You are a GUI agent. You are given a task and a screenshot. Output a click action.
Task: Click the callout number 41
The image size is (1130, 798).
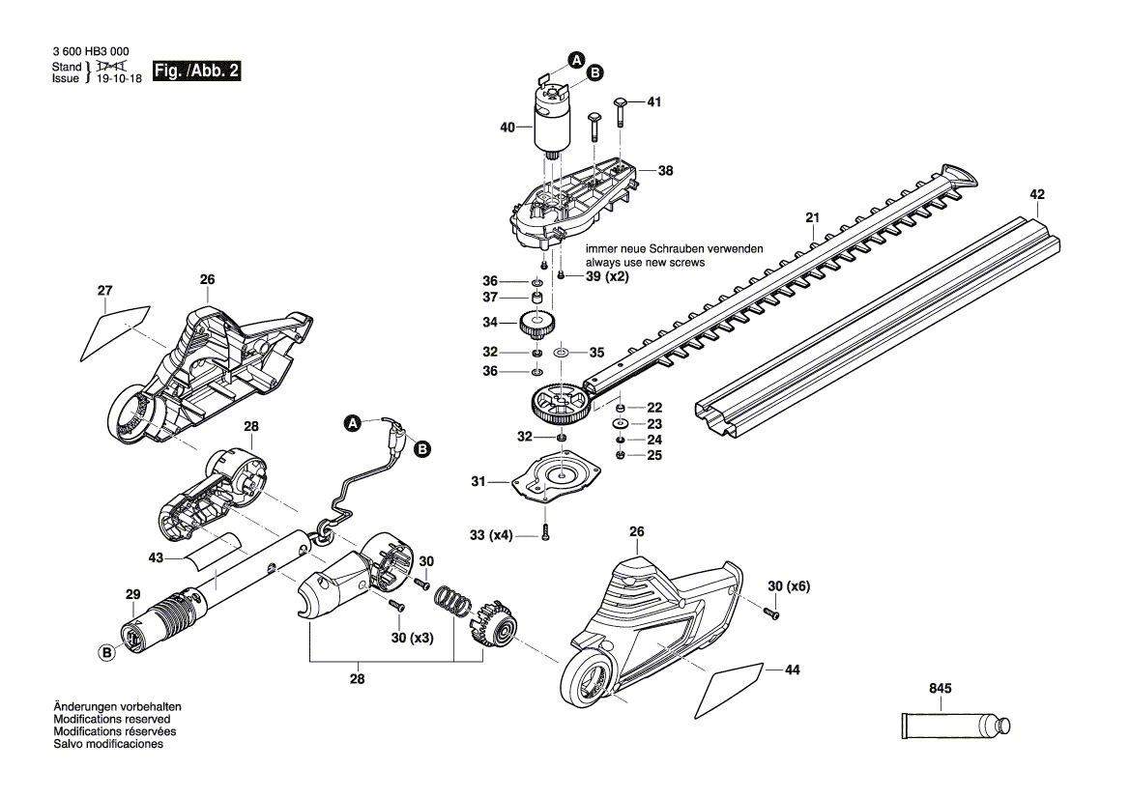click(654, 102)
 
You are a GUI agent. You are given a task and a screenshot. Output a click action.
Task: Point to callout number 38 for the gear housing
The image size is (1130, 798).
click(665, 171)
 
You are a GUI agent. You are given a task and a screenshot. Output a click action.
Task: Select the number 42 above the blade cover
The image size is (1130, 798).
click(1037, 194)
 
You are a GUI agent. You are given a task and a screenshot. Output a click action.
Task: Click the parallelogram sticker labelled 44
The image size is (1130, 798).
click(734, 685)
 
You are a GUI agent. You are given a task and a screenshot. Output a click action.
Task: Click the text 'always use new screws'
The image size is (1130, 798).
click(645, 262)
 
